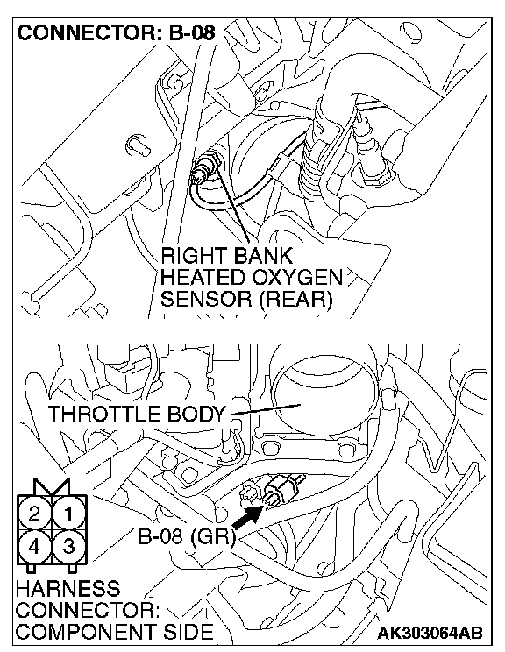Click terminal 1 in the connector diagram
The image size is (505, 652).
[x=68, y=514]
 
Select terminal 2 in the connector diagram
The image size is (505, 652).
[x=34, y=514]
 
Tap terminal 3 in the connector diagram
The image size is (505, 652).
[x=68, y=546]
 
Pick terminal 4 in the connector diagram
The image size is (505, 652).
[x=34, y=546]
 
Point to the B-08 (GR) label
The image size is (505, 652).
[x=187, y=537]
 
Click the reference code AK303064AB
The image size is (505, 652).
[x=430, y=634]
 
